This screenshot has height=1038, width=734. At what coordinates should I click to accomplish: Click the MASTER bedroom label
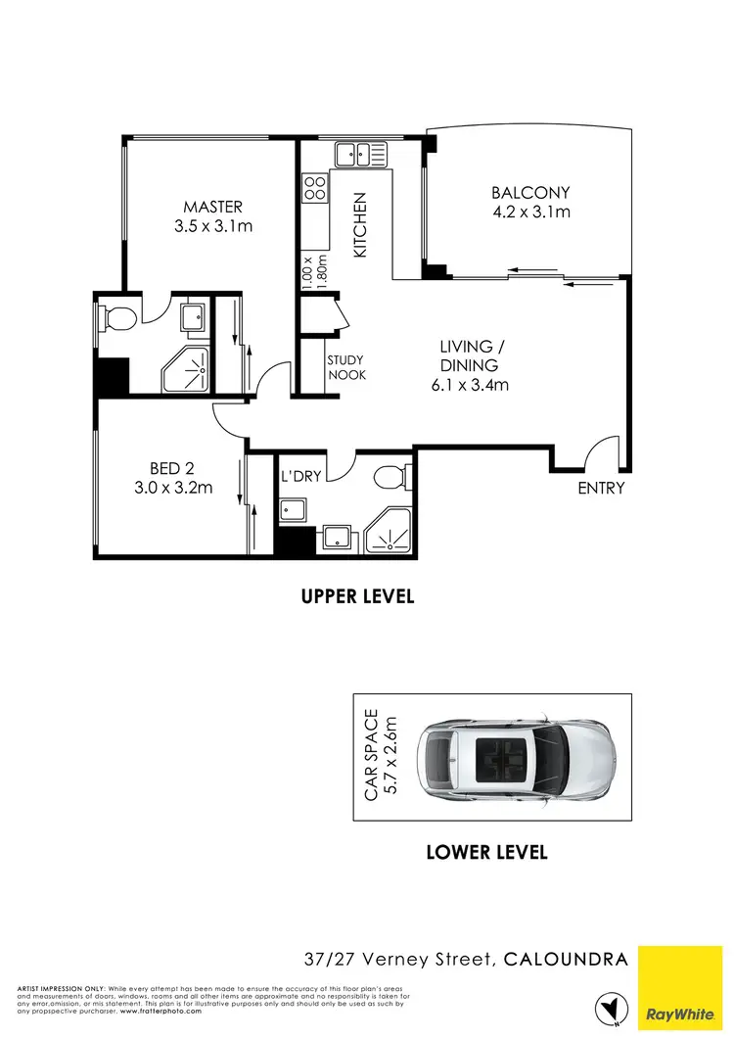pos(212,207)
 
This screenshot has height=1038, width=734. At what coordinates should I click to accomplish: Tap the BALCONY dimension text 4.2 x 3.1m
pos(530,212)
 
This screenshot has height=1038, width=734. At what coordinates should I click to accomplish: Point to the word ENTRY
pos(601,488)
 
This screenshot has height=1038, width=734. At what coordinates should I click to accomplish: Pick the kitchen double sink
pos(360,154)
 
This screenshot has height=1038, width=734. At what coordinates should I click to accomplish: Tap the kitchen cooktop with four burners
pos(314,188)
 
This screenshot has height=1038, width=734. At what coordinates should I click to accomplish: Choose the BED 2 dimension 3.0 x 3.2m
pos(174,487)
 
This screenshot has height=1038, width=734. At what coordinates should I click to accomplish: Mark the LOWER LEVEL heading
pos(486,852)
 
